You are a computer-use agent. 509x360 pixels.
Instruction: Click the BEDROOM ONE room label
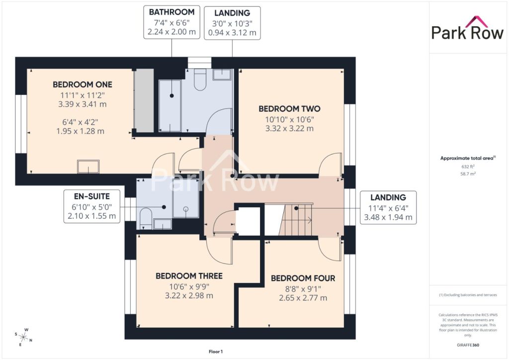(x=83, y=85)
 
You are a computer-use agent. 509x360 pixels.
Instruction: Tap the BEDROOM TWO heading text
(x=289, y=109)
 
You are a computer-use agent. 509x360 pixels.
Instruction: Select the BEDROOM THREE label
(x=189, y=276)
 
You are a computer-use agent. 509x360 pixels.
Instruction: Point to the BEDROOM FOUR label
(x=303, y=278)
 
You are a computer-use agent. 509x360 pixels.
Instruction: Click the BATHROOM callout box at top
(x=171, y=22)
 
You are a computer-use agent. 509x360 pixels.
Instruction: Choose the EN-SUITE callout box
(x=92, y=206)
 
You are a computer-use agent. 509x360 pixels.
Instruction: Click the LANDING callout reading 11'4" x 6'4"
(x=388, y=207)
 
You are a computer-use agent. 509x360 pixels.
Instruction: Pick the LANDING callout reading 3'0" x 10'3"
(x=232, y=23)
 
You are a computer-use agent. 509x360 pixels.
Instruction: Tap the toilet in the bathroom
(x=200, y=80)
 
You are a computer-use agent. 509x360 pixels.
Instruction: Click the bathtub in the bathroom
(x=170, y=106)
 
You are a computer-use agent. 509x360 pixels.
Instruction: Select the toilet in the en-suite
(x=146, y=218)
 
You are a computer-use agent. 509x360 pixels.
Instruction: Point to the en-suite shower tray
(x=186, y=199)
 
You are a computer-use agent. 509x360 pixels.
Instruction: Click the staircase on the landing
(x=295, y=219)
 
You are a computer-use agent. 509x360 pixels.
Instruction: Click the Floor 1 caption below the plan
(x=216, y=352)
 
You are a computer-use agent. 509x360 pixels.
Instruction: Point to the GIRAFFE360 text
(x=468, y=345)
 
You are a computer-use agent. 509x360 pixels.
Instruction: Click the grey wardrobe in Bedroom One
(x=144, y=100)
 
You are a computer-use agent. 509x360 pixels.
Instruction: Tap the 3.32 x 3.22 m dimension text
(x=289, y=129)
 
